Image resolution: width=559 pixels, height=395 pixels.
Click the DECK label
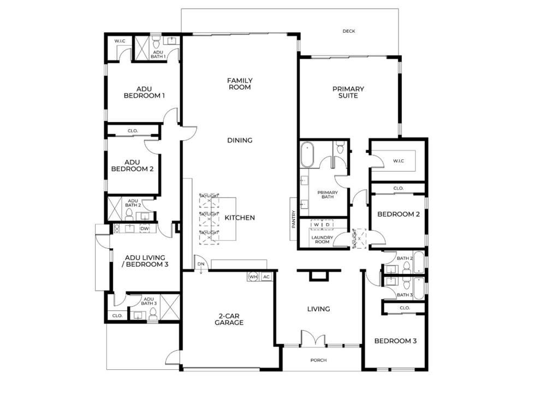click(x=349, y=31)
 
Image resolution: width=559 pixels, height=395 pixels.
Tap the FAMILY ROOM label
click(x=240, y=83)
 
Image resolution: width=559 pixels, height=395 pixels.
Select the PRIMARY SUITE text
click(x=348, y=92)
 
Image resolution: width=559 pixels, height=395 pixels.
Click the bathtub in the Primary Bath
click(x=307, y=154)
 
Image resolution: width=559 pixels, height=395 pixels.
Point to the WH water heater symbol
click(x=253, y=277)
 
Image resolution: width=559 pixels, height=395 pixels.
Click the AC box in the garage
click(x=266, y=277)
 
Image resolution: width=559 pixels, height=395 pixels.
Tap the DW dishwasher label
click(x=144, y=229)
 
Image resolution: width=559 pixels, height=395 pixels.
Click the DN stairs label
click(x=201, y=264)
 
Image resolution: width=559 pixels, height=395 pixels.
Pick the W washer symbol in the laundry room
click(x=316, y=225)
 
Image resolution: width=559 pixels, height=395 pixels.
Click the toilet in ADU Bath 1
click(x=156, y=43)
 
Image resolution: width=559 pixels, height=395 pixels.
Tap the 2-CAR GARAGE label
click(x=231, y=319)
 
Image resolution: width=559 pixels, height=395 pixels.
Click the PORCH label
click(x=318, y=361)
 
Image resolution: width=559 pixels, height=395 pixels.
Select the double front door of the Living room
click(x=313, y=339)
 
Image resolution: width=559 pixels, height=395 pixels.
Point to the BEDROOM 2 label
click(x=399, y=214)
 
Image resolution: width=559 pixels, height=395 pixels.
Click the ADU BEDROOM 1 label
click(x=144, y=92)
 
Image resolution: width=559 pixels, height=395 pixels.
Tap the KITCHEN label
click(x=240, y=218)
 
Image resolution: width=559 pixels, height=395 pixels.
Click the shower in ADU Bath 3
click(x=170, y=307)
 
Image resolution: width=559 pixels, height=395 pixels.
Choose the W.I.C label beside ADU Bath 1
click(x=120, y=41)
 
